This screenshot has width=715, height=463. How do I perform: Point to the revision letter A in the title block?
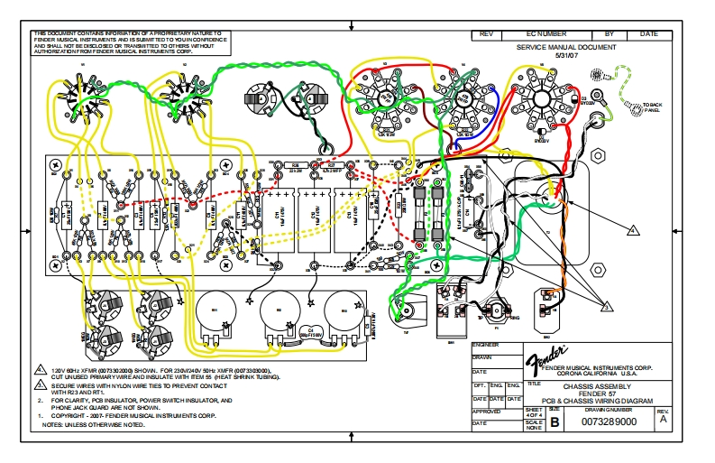pyautogui.click(x=664, y=419)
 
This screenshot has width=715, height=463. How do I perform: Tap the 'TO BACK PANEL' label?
pyautogui.click(x=650, y=107)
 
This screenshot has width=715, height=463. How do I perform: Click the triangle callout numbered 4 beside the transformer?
pyautogui.click(x=633, y=231)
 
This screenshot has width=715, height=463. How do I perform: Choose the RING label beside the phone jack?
pyautogui.click(x=515, y=318)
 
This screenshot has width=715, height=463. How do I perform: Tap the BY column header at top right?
pyautogui.click(x=610, y=33)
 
